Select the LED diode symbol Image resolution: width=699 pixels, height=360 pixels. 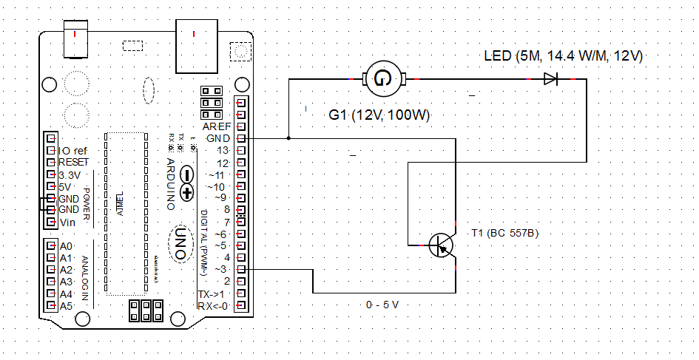[550, 78]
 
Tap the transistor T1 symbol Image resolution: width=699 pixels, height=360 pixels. [442, 245]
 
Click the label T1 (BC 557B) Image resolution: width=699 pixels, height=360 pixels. [506, 234]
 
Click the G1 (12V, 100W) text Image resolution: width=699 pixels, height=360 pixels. [379, 116]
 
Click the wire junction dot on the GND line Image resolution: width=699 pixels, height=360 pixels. [288, 138]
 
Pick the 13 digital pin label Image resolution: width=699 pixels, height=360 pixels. [222, 150]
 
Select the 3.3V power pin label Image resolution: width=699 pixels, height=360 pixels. [72, 174]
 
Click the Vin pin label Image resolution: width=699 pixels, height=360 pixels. [67, 222]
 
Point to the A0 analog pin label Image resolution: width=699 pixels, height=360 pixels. [67, 246]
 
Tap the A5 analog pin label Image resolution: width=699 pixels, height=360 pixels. [67, 305]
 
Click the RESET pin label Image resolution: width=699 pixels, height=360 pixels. [74, 162]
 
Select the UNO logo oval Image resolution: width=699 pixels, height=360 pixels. [179, 242]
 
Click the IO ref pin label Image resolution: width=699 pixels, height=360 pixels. [72, 150]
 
